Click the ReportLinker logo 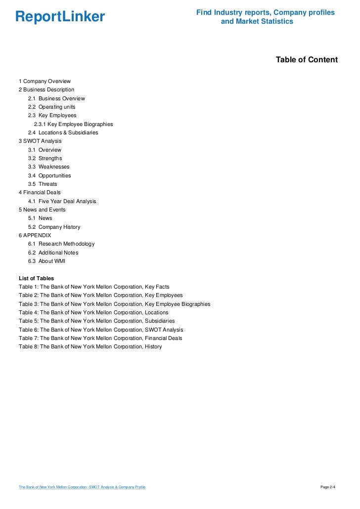coord(60,17)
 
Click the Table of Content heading coord(307,60)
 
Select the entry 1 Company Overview coord(45,81)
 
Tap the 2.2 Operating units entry coord(52,107)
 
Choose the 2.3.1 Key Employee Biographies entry coord(74,124)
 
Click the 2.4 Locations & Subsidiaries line coord(63,132)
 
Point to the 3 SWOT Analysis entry coord(40,141)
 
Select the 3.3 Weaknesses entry coord(49,167)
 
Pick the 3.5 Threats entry coord(43,184)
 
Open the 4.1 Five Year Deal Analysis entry coord(62,201)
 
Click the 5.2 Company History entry coord(54,227)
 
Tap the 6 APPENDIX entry coord(35,235)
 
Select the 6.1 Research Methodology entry coord(61,244)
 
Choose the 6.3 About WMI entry coord(47,261)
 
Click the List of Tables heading coord(37,278)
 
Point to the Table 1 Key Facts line coord(94,287)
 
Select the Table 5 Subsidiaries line coord(97,321)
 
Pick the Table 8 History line coord(90,346)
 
